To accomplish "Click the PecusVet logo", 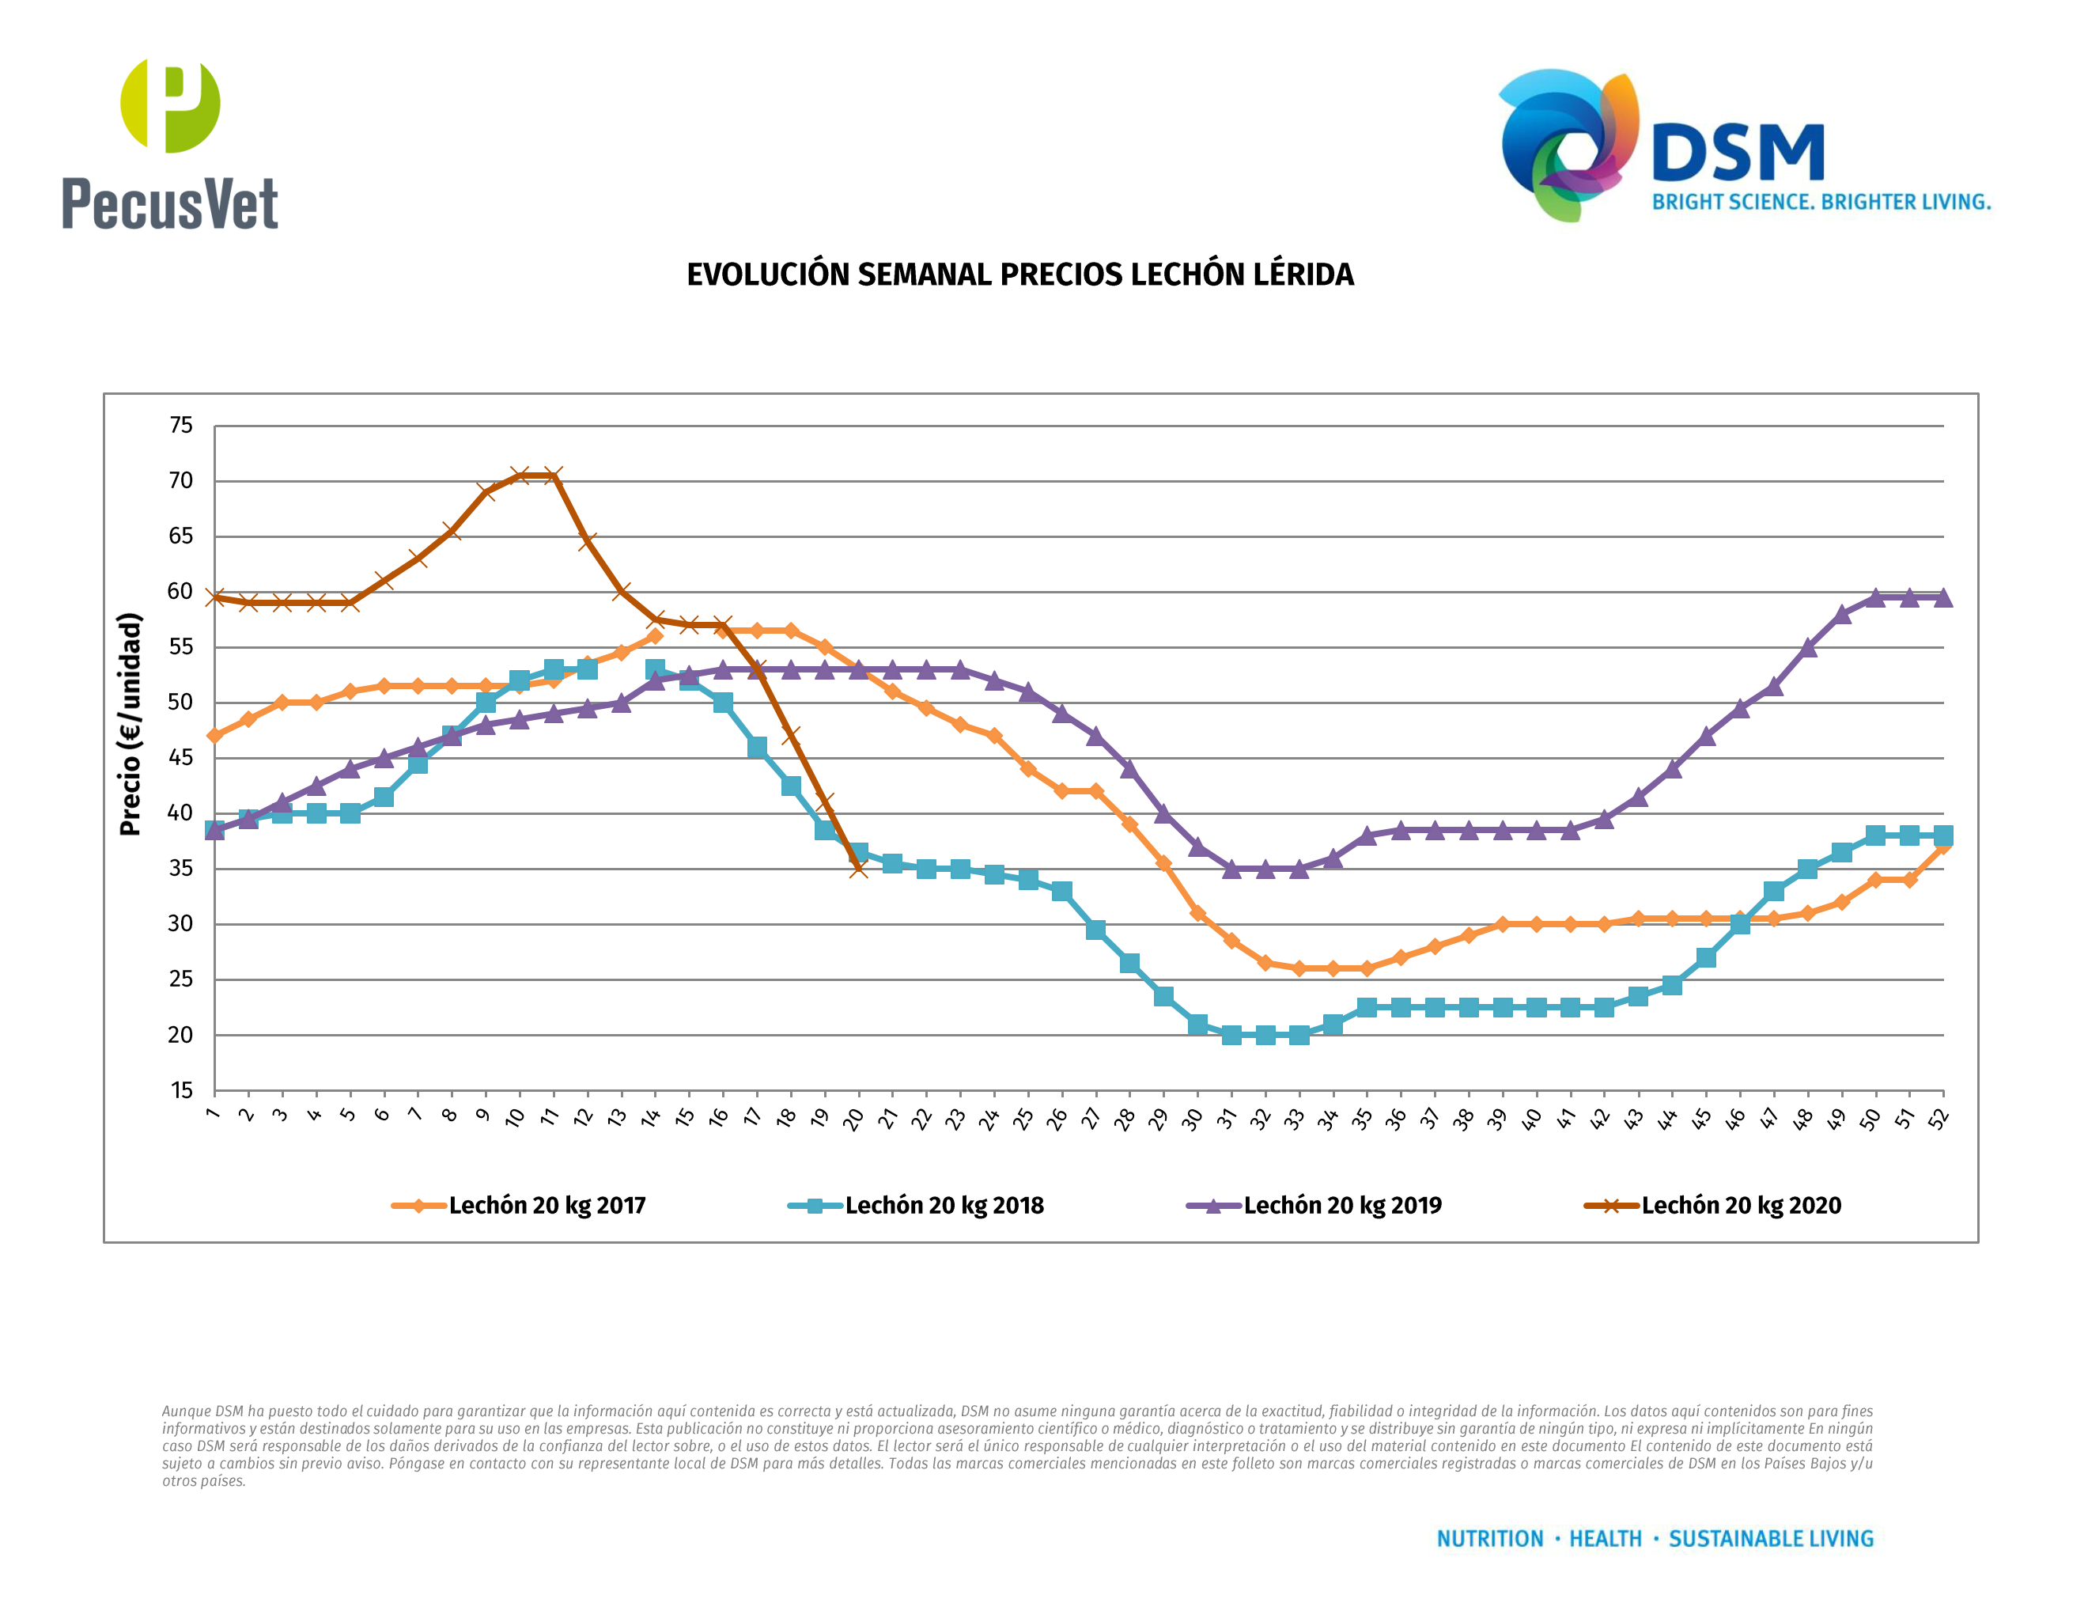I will coord(169,143).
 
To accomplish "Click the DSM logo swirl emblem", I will coord(1568,143).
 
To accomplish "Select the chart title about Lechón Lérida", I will coord(1020,275).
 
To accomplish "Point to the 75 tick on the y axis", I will coord(180,426).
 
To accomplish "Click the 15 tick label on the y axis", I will coord(180,1091).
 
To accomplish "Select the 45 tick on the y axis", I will coord(180,758).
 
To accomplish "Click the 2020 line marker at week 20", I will coord(858,868).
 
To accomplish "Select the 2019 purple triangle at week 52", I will coord(1942,597).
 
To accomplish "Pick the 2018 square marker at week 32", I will coord(1265,1035).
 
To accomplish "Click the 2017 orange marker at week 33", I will coord(1299,968).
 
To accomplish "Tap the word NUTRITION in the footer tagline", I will coord(1489,1539).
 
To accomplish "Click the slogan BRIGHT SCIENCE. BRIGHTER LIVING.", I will coord(1821,203).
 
